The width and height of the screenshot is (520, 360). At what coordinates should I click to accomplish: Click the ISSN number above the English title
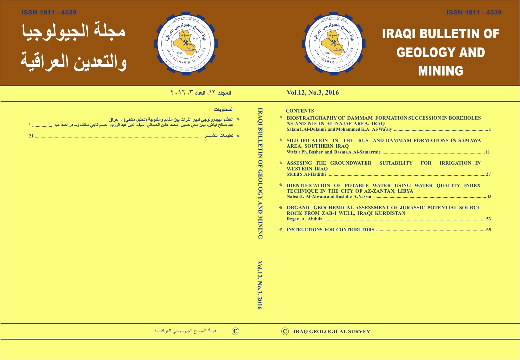click(x=474, y=12)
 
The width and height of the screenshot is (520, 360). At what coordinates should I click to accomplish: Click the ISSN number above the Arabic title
click(x=49, y=12)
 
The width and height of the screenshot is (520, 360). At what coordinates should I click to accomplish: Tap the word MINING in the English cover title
click(x=441, y=71)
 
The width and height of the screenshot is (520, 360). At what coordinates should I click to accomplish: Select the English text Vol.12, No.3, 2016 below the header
click(x=312, y=92)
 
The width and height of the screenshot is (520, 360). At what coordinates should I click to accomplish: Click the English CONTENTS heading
click(x=300, y=111)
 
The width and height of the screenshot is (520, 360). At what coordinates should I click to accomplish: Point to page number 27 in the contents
click(x=488, y=174)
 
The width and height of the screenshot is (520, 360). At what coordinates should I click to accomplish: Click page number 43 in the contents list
click(x=489, y=197)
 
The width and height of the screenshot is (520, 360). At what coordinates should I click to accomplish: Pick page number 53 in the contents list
click(x=488, y=219)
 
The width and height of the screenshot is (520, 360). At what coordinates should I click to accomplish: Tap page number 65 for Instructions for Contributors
click(x=488, y=230)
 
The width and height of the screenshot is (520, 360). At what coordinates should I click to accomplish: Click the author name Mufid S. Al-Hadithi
click(x=306, y=174)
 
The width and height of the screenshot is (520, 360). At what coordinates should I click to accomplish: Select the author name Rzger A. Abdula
click(x=304, y=219)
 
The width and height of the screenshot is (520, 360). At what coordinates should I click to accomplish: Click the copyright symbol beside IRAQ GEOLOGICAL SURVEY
click(x=285, y=331)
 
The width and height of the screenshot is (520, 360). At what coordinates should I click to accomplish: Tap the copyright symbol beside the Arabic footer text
click(x=235, y=331)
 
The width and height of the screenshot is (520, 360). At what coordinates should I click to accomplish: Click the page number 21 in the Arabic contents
click(x=31, y=136)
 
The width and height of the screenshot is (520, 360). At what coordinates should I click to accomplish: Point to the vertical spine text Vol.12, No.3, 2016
click(x=260, y=285)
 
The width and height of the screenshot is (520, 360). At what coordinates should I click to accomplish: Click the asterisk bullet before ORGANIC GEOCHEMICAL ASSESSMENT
click(x=281, y=207)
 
